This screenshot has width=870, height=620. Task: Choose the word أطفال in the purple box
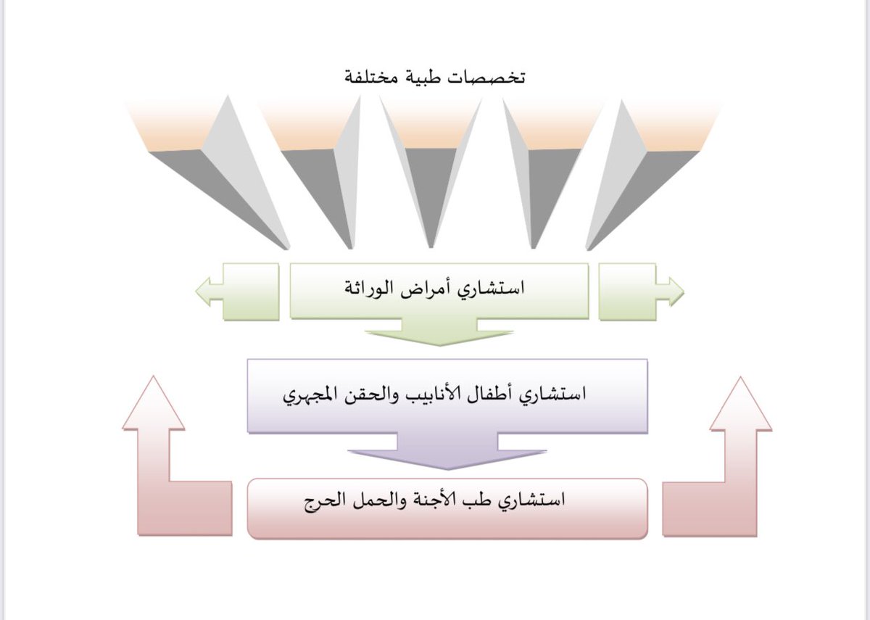pyautogui.click(x=495, y=396)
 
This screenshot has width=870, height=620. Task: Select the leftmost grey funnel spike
pyautogui.click(x=232, y=189)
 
